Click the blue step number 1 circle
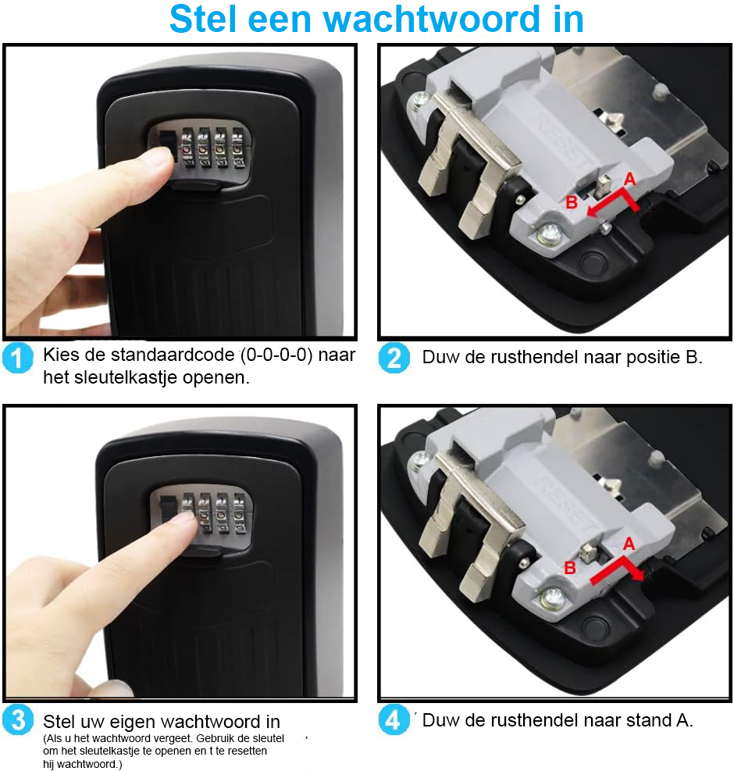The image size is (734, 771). click(18, 358)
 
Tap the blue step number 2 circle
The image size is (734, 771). click(394, 358)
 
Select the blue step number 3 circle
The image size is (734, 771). click(18, 719)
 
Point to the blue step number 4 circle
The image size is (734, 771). click(394, 719)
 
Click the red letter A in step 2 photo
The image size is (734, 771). click(630, 180)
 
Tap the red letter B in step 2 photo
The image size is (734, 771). click(572, 202)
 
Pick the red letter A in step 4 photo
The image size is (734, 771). click(629, 544)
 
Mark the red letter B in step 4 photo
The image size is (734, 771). click(570, 568)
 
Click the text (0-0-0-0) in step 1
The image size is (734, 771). click(276, 355)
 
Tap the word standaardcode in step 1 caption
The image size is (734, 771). click(164, 355)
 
